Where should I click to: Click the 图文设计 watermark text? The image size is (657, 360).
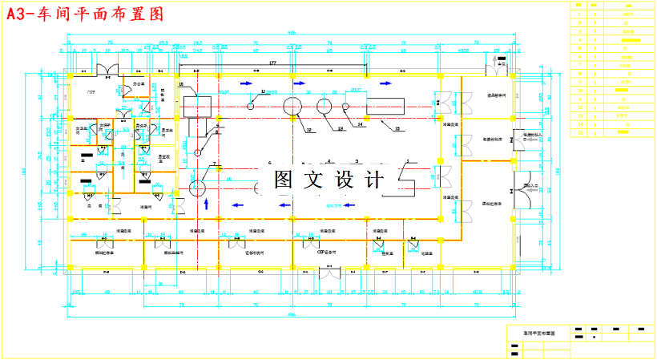point(329,180)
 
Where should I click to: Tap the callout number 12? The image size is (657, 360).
point(308,129)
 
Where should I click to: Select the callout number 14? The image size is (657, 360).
point(360,125)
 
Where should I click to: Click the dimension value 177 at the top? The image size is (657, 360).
point(272,62)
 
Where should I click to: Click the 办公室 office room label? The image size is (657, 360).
point(138,83)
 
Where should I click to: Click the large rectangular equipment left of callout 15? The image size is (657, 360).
point(387,106)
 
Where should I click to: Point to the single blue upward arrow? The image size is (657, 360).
point(207,204)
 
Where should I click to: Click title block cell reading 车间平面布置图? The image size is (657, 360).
point(539,331)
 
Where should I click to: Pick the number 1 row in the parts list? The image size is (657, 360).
point(578,14)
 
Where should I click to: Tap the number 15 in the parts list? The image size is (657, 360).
point(578,133)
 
